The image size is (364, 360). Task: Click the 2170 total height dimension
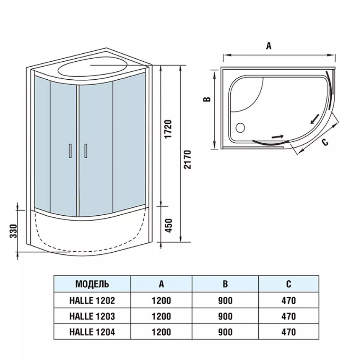pyautogui.click(x=187, y=159)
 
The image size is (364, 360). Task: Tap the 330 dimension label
pyautogui.click(x=13, y=231)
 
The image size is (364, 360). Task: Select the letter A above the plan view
pyautogui.click(x=269, y=47)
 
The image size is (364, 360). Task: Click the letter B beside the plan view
pyautogui.click(x=206, y=99)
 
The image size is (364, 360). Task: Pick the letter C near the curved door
pyautogui.click(x=325, y=142)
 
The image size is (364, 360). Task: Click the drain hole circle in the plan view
pyautogui.click(x=241, y=126)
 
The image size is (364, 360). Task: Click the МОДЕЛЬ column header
pyautogui.click(x=92, y=284)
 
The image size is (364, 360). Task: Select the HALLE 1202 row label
pyautogui.click(x=92, y=300)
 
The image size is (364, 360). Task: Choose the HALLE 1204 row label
pyautogui.click(x=92, y=332)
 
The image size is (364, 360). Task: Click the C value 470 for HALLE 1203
pyautogui.click(x=289, y=316)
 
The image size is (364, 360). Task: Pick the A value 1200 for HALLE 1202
pyautogui.click(x=161, y=300)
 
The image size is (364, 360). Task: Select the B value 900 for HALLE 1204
pyautogui.click(x=226, y=332)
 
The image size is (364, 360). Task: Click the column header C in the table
pyautogui.click(x=289, y=284)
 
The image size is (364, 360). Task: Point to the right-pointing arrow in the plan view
pyautogui.click(x=278, y=136)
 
